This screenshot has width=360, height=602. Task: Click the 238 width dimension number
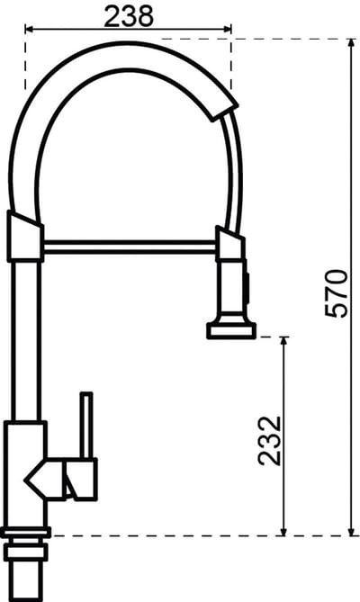click(129, 16)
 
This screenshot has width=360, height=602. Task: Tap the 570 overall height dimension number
click(337, 293)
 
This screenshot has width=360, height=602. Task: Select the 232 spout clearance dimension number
click(269, 441)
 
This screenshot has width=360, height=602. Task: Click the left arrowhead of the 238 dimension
click(30, 29)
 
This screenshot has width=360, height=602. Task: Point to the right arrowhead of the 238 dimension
click(227, 29)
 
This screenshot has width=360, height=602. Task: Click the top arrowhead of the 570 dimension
click(351, 44)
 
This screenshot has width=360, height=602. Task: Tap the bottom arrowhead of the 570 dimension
click(351, 531)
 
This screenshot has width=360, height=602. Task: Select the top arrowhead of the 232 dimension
click(283, 342)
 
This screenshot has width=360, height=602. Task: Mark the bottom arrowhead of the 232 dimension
click(283, 531)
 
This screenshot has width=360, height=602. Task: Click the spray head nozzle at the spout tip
click(231, 330)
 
